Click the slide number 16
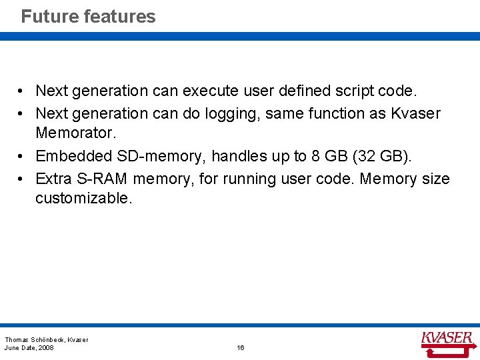coord(241,348)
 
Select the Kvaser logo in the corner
coord(447,339)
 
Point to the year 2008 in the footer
coord(46,348)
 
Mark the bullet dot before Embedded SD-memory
coord(22,156)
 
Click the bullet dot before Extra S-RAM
coord(22,179)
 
